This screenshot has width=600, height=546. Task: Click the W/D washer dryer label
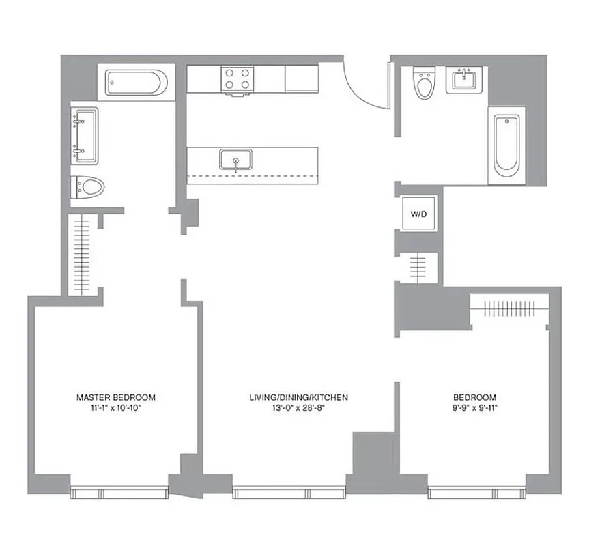pyautogui.click(x=418, y=214)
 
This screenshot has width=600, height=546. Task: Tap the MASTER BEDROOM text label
pyautogui.click(x=115, y=397)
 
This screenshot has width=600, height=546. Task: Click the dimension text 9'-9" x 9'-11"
pyautogui.click(x=474, y=408)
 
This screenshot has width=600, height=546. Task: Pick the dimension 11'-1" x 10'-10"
pyautogui.click(x=115, y=408)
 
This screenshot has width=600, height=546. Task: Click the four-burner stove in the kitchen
pyautogui.click(x=238, y=78)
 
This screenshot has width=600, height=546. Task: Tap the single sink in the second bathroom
pyautogui.click(x=466, y=80)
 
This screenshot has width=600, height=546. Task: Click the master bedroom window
pyautogui.click(x=119, y=492)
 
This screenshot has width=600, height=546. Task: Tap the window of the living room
pyautogui.click(x=289, y=493)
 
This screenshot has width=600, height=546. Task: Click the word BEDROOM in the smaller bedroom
pyautogui.click(x=474, y=397)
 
